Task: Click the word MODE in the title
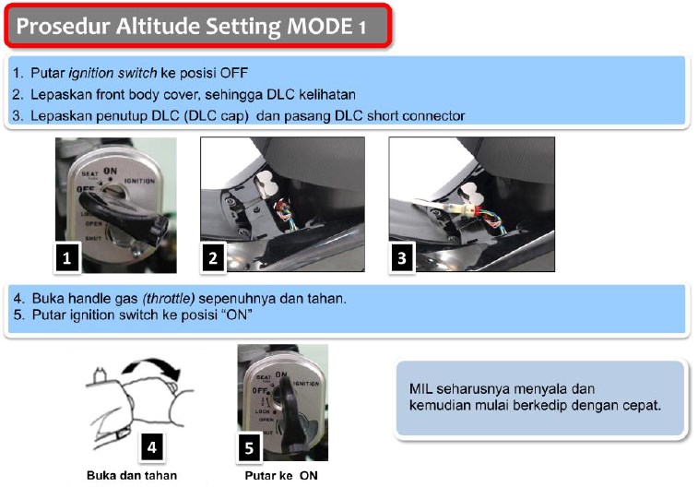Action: [x=320, y=26]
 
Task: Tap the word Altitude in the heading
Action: [x=158, y=26]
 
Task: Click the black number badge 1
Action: [x=67, y=257]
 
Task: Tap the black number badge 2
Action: [x=213, y=257]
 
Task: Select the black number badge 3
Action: [x=402, y=257]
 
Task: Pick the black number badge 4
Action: [x=152, y=447]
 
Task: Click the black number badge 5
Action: [x=249, y=447]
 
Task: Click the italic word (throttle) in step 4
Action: [x=168, y=298]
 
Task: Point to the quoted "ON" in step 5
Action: [x=236, y=315]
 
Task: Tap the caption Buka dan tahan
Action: [x=132, y=475]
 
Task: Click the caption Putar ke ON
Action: [x=281, y=475]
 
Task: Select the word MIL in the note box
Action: [x=420, y=388]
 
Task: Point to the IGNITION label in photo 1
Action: [x=139, y=181]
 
